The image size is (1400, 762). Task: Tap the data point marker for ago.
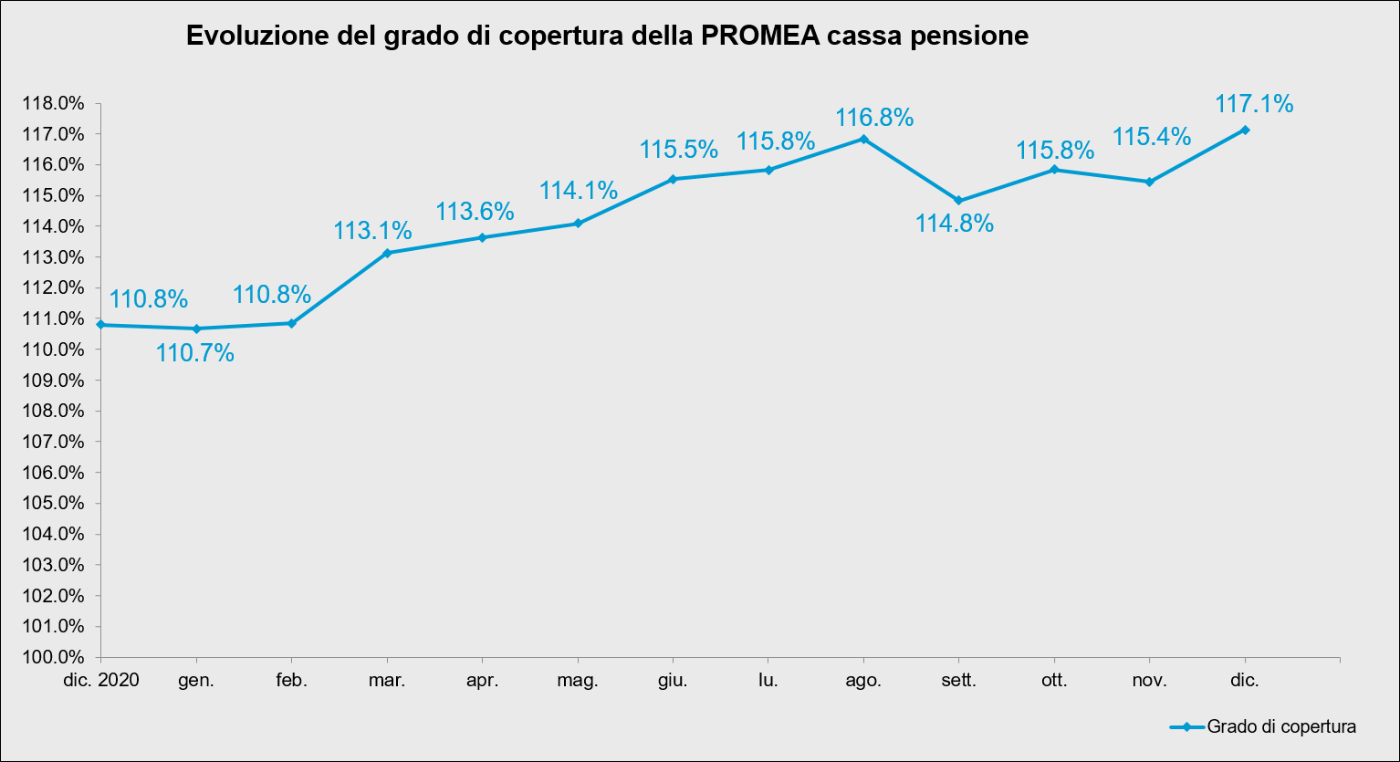point(863,139)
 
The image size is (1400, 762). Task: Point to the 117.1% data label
point(1254,105)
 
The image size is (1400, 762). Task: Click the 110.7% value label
point(194,353)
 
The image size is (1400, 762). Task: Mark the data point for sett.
point(958,201)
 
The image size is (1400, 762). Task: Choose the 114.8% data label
point(955,224)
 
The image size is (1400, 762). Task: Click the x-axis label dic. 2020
point(102,680)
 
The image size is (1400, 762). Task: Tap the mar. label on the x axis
point(387,680)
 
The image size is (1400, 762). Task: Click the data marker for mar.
point(387,253)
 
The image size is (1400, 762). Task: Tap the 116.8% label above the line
point(874,118)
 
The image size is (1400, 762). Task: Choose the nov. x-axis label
point(1149,680)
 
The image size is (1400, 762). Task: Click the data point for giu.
point(673,179)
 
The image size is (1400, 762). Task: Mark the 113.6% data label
point(475,212)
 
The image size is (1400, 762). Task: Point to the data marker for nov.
point(1149,182)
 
